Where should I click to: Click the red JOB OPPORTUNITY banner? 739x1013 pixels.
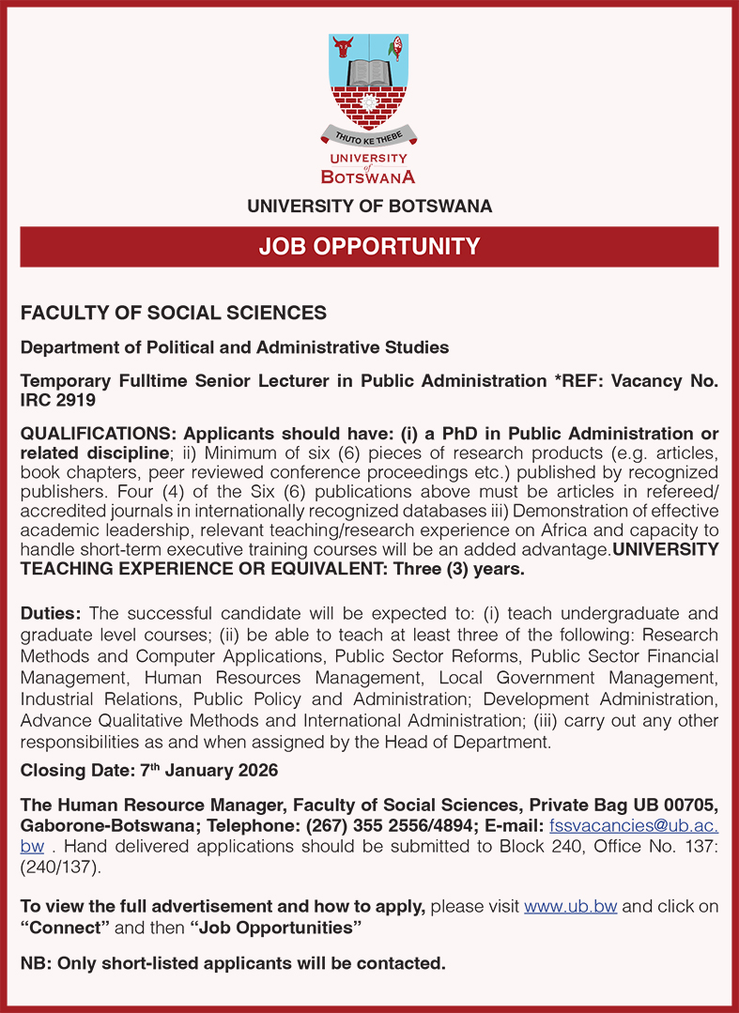click(369, 247)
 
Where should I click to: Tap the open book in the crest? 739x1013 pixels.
click(368, 71)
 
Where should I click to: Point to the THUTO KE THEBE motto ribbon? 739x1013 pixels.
click(368, 137)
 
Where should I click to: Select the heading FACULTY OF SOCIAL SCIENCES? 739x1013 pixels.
click(174, 313)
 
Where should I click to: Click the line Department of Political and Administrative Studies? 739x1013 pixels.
click(234, 347)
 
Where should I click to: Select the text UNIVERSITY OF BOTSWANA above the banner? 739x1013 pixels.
click(369, 207)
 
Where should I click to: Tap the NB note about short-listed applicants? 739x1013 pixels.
click(232, 963)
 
